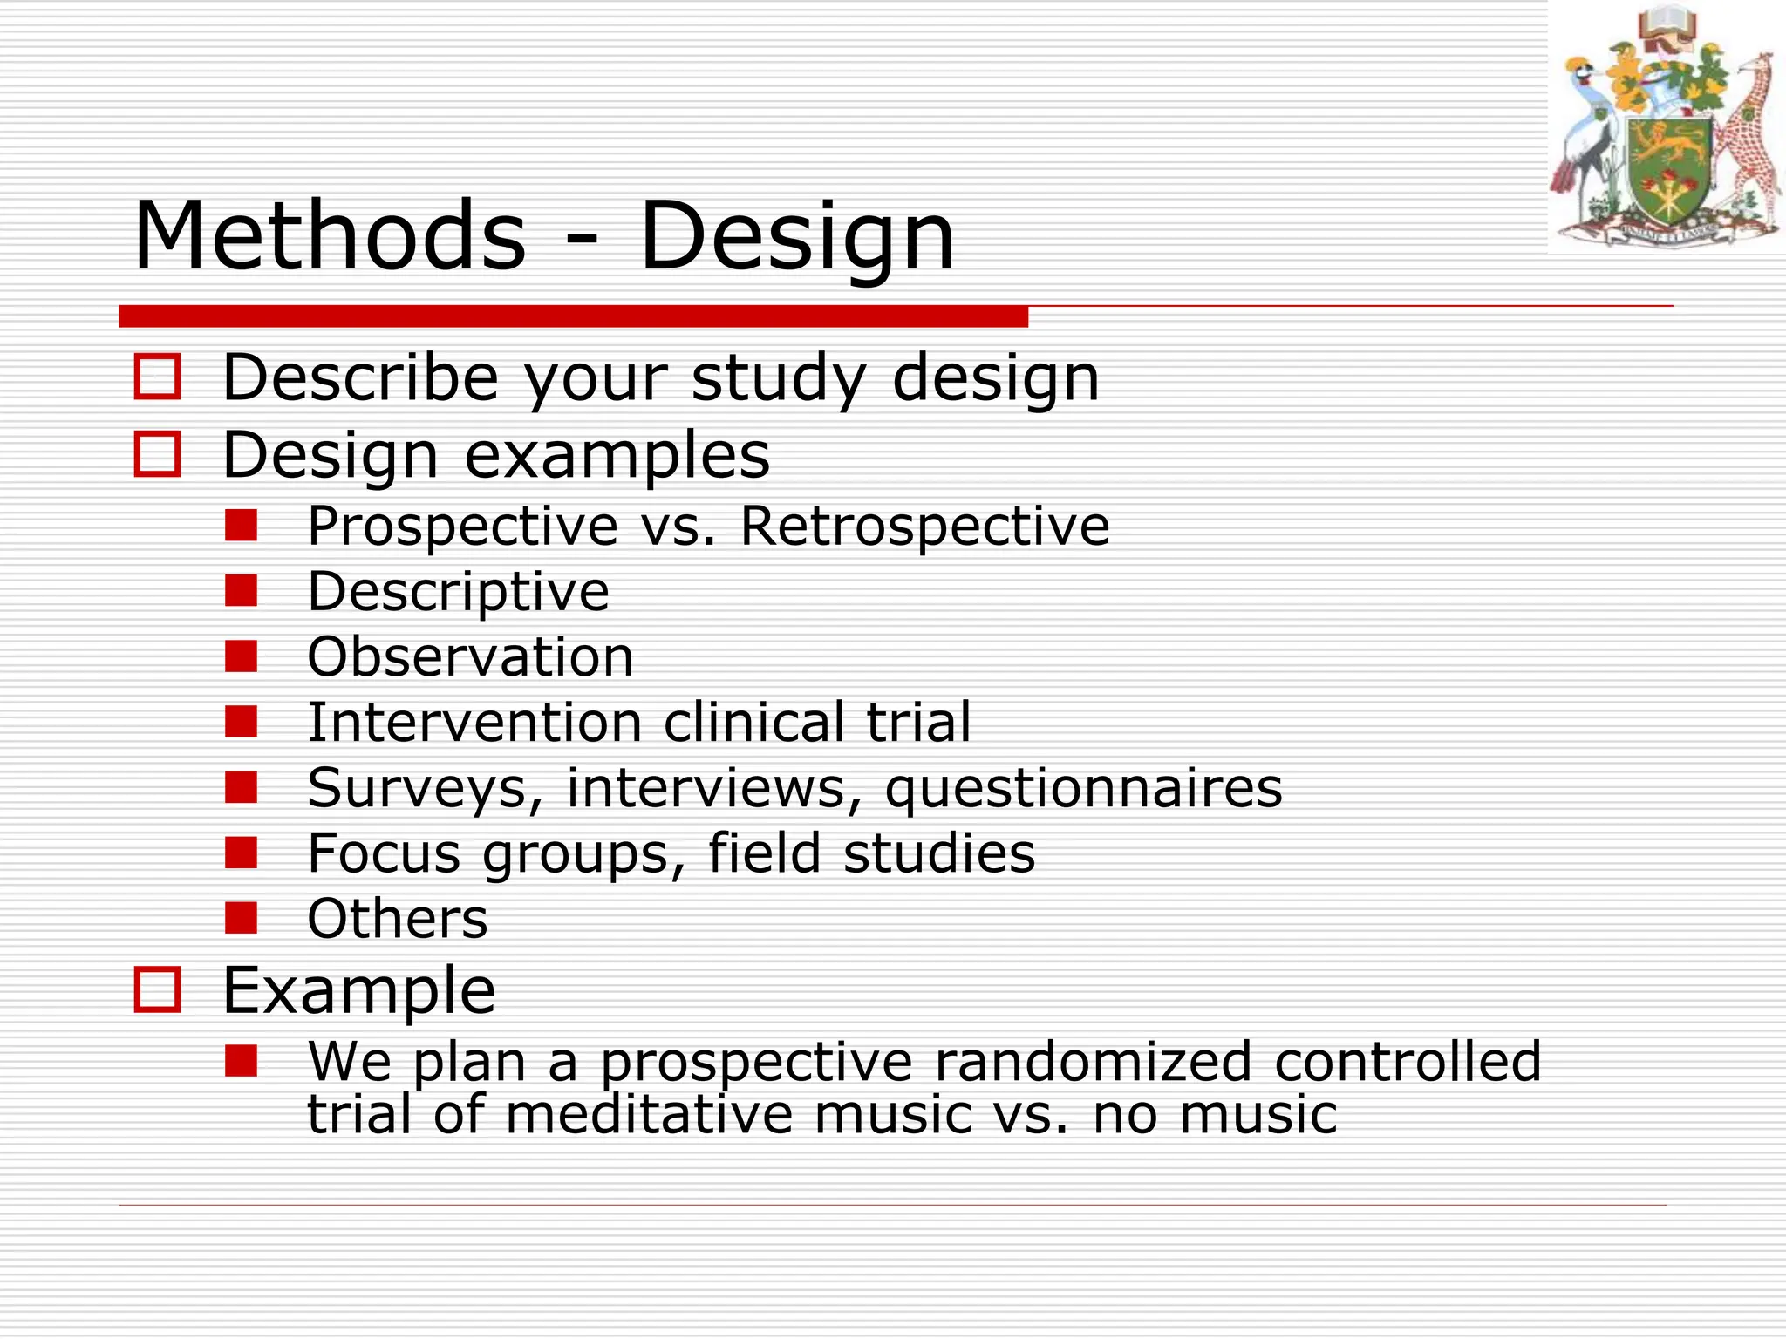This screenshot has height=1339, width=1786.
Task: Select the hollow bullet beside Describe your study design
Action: [x=158, y=377]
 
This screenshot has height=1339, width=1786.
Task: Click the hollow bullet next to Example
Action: [x=158, y=990]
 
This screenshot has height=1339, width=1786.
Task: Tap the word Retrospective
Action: [x=924, y=527]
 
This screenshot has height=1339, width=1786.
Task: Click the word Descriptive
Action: [x=458, y=592]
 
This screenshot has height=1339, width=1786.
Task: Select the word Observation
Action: [x=470, y=656]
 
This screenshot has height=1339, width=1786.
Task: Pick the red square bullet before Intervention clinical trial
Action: [x=241, y=721]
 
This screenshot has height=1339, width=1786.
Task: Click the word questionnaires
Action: [x=1083, y=787]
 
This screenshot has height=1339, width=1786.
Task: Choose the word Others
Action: [x=398, y=919]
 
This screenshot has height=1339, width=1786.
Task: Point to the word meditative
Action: [x=649, y=1114]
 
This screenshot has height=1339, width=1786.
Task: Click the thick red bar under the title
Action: [x=573, y=316]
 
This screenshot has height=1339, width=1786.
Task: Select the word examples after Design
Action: [x=617, y=455]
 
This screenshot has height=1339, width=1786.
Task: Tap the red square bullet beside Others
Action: [x=241, y=917]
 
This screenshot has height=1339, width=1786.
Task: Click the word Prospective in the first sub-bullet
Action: [x=463, y=527]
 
